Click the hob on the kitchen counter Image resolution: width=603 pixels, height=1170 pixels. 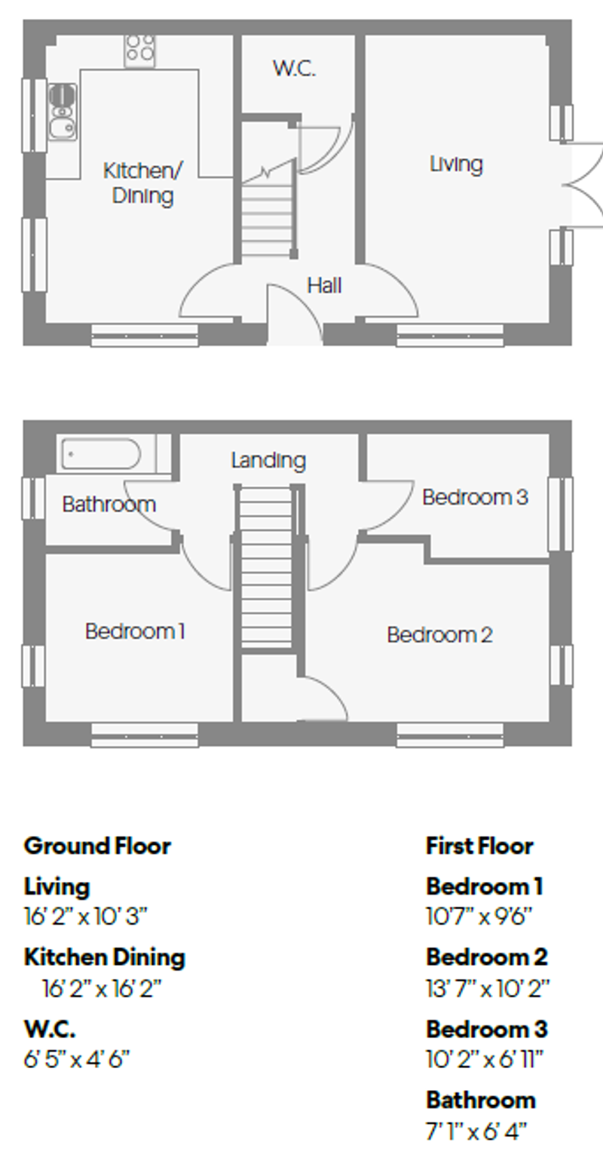140,48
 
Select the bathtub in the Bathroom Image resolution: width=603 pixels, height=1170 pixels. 101,455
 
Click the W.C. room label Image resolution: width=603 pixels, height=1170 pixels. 294,69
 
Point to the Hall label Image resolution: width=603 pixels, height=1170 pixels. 324,285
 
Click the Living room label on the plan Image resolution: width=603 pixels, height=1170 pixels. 456,164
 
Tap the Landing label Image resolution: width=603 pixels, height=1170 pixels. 268,459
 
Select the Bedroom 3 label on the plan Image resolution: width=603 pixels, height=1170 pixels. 474,497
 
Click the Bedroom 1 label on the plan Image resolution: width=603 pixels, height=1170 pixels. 135,631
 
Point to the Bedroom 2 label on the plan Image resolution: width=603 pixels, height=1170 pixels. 439,634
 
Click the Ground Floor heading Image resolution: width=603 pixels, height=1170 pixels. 97,846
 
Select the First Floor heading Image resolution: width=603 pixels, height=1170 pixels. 479,846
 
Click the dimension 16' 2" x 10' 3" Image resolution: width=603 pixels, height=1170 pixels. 86,917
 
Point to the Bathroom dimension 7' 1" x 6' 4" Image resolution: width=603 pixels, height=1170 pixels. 476,1131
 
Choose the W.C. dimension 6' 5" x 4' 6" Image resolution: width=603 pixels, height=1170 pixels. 77,1059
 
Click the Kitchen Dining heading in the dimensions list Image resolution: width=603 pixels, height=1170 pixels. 105,957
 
